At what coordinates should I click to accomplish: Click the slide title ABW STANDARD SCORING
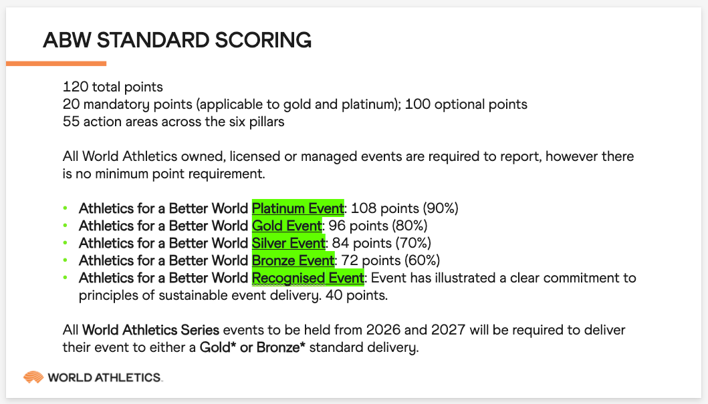[177, 40]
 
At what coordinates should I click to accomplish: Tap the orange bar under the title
[56, 63]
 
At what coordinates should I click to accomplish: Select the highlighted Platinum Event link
[298, 208]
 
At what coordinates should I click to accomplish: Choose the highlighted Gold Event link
[287, 225]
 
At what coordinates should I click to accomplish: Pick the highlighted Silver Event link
[288, 242]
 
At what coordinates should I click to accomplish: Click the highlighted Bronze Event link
[293, 260]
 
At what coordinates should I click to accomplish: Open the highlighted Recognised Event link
[308, 277]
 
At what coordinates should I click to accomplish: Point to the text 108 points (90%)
[405, 208]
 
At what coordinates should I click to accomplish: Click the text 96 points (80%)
[378, 225]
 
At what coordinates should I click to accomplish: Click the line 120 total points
[113, 87]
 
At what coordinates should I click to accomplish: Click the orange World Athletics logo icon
[33, 377]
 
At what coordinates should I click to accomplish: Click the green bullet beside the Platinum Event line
[66, 208]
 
